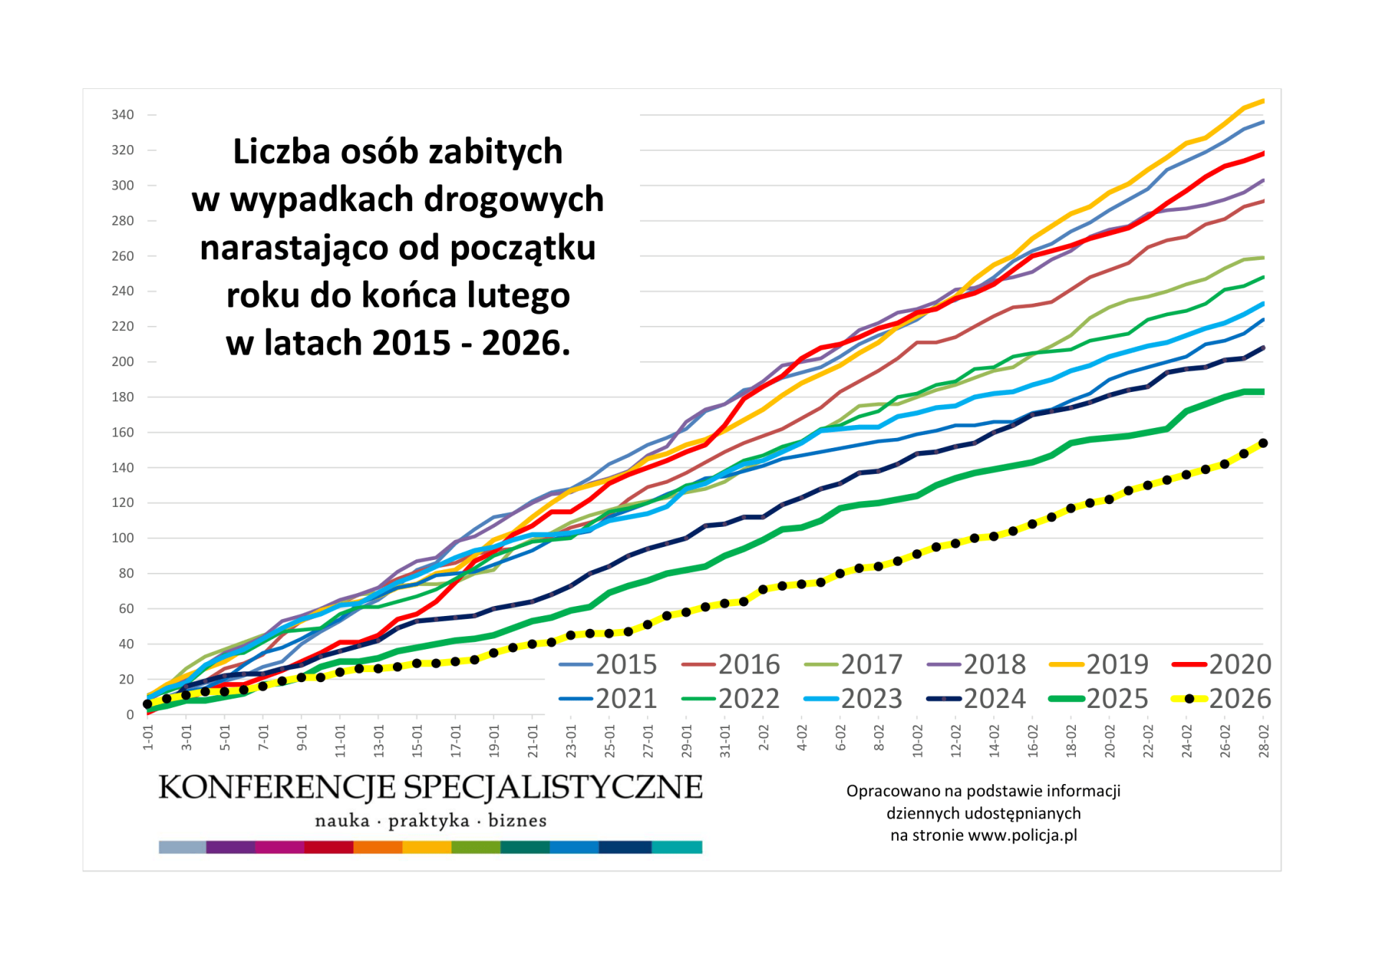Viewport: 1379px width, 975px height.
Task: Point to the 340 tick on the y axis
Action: [123, 115]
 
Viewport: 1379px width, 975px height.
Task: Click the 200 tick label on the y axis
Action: [123, 362]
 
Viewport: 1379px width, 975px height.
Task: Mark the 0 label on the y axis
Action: [130, 715]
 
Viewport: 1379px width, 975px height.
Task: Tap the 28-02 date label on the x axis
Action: [1264, 741]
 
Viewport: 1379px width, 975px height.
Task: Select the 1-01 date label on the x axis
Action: [149, 738]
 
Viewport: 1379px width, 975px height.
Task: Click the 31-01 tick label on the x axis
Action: [725, 741]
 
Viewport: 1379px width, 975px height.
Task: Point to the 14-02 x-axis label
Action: [995, 741]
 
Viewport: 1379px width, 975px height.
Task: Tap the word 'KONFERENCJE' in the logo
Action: [277, 788]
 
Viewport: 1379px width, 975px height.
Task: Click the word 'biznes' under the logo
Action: [517, 821]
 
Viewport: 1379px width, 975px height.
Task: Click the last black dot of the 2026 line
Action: [1263, 444]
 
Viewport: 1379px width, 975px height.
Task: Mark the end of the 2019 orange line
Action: [1263, 101]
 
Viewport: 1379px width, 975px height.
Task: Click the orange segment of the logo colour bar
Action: [378, 848]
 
